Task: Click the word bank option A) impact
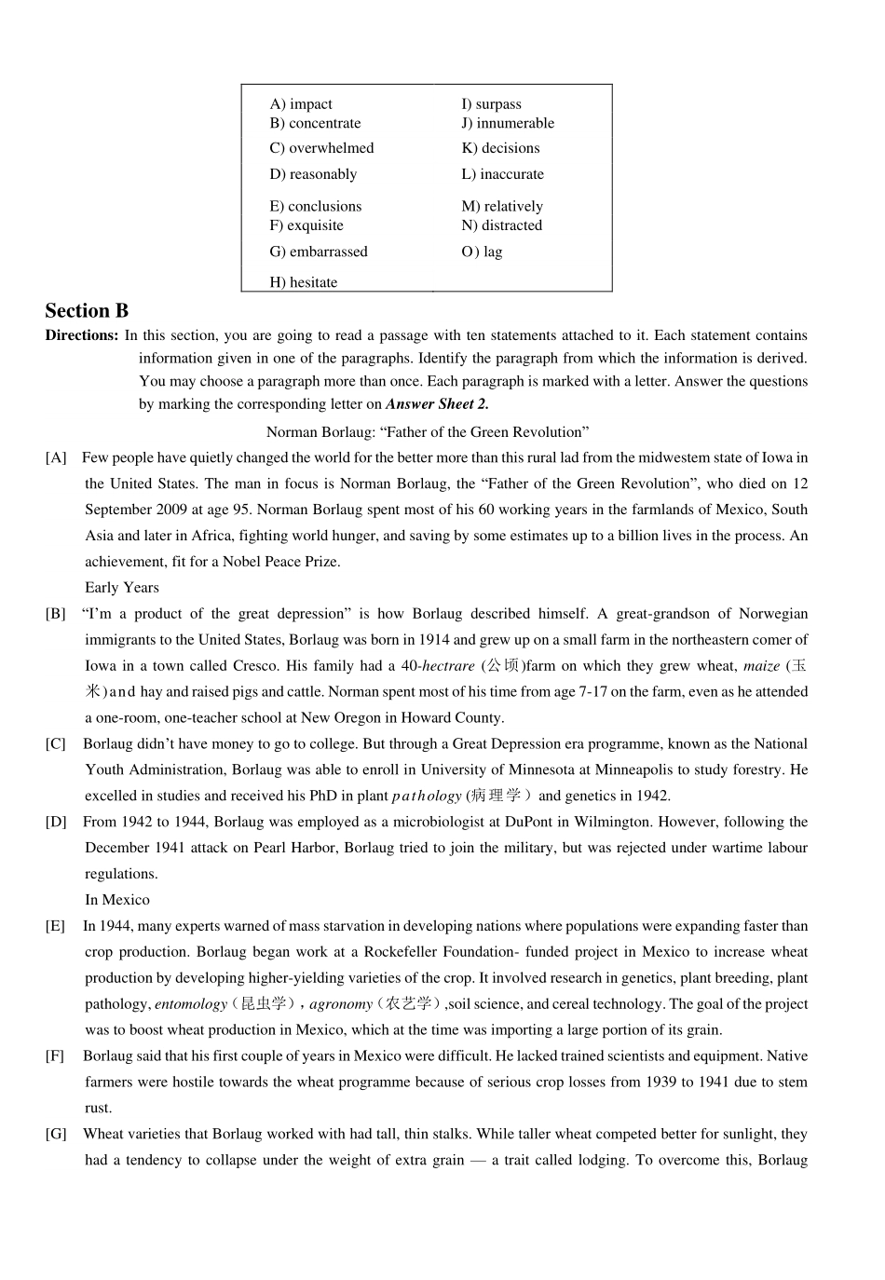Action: pyautogui.click(x=301, y=104)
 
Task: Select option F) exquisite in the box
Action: pyautogui.click(x=306, y=225)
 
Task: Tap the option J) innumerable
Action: pyautogui.click(x=508, y=123)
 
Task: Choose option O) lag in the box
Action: pyautogui.click(x=482, y=252)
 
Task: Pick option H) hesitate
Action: pyautogui.click(x=304, y=282)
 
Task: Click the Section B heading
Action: pyautogui.click(x=87, y=311)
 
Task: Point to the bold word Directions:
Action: pyautogui.click(x=82, y=335)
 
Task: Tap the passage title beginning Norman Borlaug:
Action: pyautogui.click(x=428, y=432)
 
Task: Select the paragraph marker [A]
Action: pyautogui.click(x=56, y=457)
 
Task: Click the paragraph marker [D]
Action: pyautogui.click(x=56, y=822)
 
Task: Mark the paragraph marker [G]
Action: pyautogui.click(x=56, y=1134)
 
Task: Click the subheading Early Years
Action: pyautogui.click(x=122, y=588)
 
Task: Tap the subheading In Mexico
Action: pyautogui.click(x=117, y=900)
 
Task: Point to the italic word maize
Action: pyautogui.click(x=761, y=666)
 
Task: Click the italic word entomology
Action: pyautogui.click(x=191, y=1004)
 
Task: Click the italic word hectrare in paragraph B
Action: pyautogui.click(x=448, y=666)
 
